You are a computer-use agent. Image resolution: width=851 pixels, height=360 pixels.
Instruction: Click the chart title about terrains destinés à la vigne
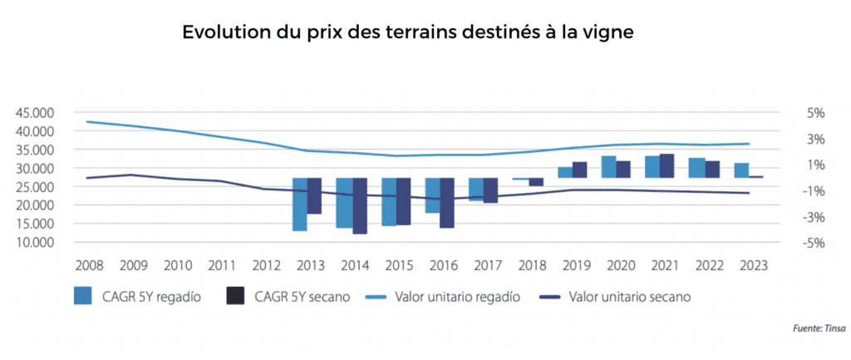click(408, 34)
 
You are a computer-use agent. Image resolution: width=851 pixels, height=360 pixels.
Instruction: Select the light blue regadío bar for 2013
click(300, 204)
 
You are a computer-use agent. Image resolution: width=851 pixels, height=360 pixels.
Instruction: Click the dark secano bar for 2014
click(360, 205)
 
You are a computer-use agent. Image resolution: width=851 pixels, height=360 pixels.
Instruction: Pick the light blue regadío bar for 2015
click(389, 201)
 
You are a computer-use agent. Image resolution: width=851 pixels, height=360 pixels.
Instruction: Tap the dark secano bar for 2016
click(447, 202)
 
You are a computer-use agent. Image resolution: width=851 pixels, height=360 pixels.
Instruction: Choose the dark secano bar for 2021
click(667, 166)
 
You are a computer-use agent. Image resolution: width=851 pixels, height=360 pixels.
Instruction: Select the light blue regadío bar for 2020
click(609, 167)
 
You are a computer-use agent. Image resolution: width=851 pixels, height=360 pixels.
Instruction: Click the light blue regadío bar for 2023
click(741, 170)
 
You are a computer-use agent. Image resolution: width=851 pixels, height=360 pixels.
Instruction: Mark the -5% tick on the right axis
click(813, 243)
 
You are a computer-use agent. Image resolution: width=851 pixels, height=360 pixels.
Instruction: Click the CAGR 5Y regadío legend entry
click(137, 297)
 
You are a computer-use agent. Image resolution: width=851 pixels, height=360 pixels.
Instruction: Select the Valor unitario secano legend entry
click(616, 297)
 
